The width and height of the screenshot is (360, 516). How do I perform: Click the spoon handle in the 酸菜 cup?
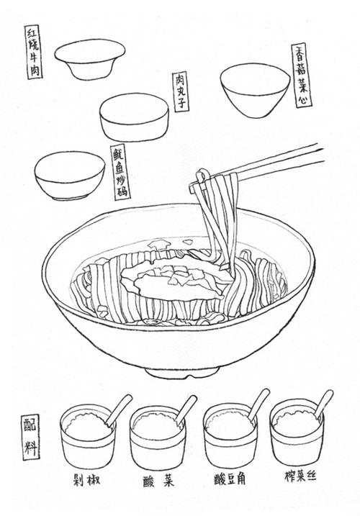(x=186, y=407)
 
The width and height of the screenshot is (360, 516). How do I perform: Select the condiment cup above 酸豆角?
(x=228, y=438)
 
